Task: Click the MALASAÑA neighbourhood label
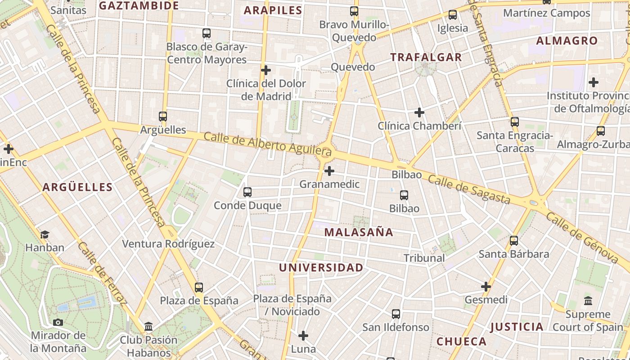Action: point(359,232)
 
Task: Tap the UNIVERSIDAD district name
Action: point(321,268)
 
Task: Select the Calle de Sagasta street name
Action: point(469,189)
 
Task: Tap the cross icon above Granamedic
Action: point(329,171)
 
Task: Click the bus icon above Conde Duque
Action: point(247,192)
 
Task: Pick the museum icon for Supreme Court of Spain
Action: point(588,301)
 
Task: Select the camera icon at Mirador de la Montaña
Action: point(58,322)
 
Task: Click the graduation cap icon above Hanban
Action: point(45,234)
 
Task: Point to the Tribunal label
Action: point(424,258)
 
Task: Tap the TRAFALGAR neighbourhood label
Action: point(426,57)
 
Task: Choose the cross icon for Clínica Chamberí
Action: point(419,112)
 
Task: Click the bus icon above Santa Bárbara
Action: point(514,241)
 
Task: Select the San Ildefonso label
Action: point(396,327)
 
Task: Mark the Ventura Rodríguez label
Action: point(168,244)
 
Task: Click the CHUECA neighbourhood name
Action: point(461,342)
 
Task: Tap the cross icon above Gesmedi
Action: point(486,286)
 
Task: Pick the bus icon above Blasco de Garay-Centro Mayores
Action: point(207,33)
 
